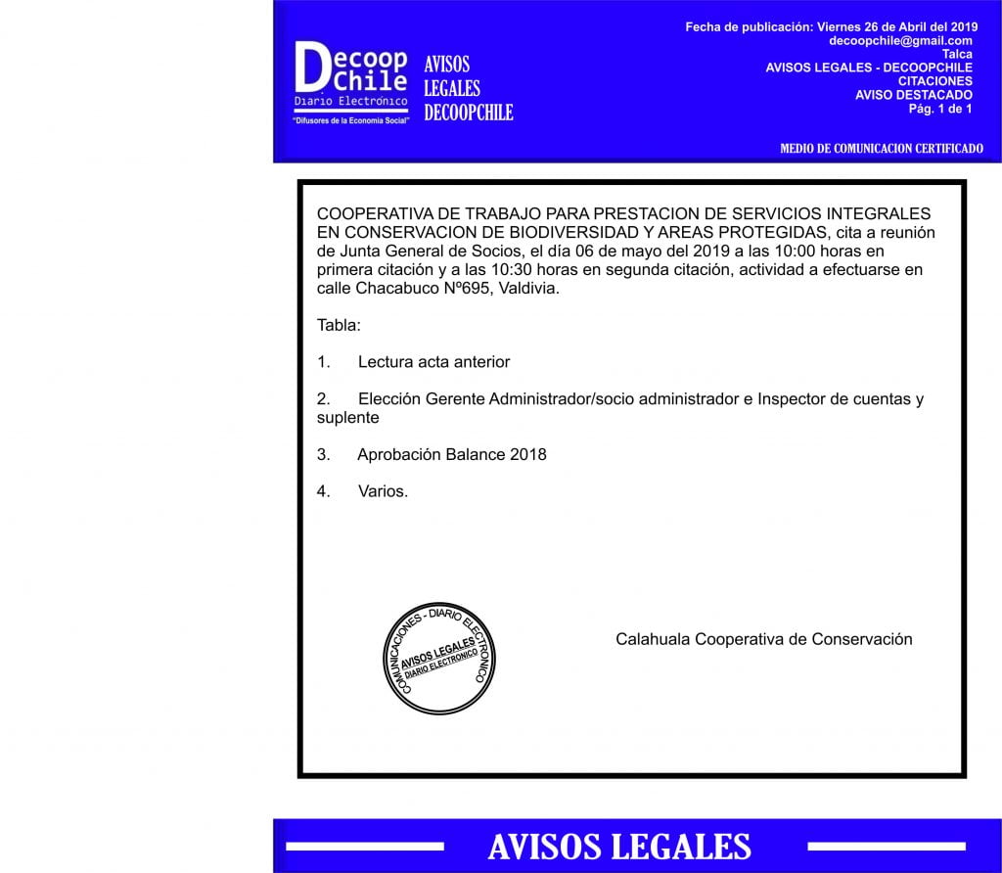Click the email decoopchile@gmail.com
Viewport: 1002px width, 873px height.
tap(900, 41)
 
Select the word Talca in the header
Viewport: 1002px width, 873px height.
tap(957, 54)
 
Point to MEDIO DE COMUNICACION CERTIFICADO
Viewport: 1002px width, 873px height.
tap(881, 149)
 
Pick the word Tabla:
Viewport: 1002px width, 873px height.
tap(339, 325)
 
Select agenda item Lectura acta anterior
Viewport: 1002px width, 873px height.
tap(433, 362)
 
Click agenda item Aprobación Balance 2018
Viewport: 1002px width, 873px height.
tap(451, 455)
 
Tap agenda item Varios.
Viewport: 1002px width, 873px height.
tap(383, 491)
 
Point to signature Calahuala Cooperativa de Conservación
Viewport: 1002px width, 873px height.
tap(763, 639)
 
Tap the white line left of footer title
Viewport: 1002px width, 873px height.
tap(365, 846)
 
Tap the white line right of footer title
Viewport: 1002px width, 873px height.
tap(886, 846)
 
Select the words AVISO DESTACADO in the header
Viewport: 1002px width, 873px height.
tap(913, 95)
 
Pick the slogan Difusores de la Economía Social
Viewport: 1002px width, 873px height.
tap(350, 120)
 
